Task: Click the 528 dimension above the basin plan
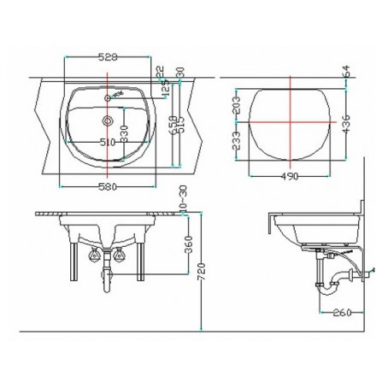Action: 109,57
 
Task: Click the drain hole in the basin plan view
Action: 109,121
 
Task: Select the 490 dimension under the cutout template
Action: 291,177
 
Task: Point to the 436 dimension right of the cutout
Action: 346,125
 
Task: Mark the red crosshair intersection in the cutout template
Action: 291,120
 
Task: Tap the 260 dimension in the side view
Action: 341,312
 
